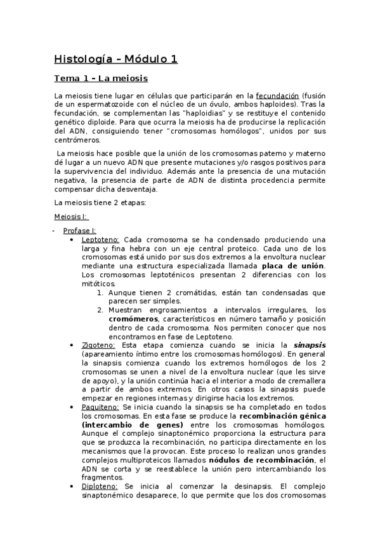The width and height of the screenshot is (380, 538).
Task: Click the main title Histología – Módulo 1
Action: pos(115,60)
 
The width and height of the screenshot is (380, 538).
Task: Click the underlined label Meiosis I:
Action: pos(72,216)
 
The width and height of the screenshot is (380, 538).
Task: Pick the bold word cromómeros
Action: pos(131,318)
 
